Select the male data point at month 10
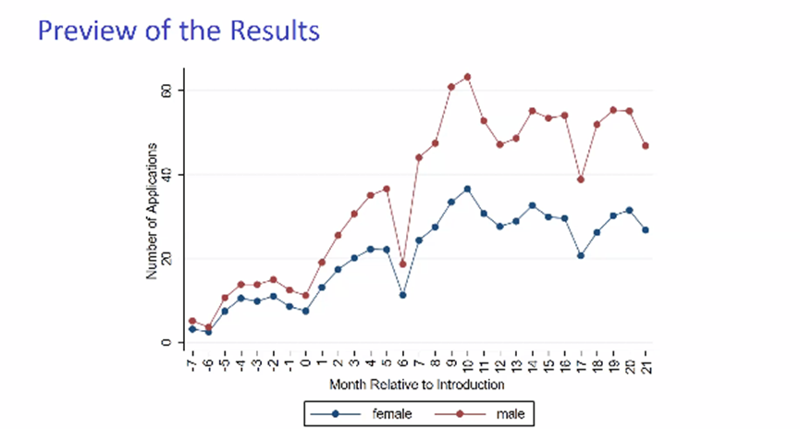point(467,77)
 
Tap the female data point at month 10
point(467,189)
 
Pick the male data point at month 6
point(401,264)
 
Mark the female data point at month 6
point(401,295)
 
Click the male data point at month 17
point(580,179)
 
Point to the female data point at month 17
point(580,255)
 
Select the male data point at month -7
point(191,321)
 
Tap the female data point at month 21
point(645,229)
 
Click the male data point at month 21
point(645,146)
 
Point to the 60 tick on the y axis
point(167,91)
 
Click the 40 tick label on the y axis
point(167,175)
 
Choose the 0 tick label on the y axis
point(167,343)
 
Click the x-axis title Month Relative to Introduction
point(418,382)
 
